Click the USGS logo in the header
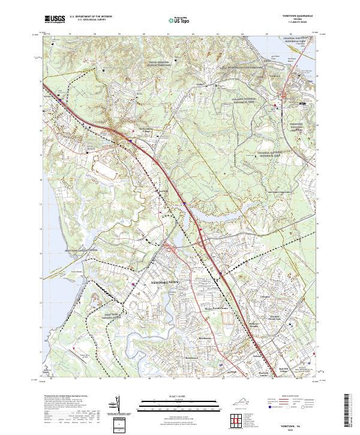pyautogui.click(x=55, y=20)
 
